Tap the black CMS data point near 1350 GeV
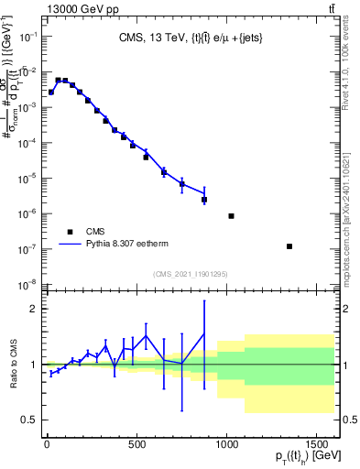point(289,246)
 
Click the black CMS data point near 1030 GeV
point(231,216)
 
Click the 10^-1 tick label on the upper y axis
point(29,36)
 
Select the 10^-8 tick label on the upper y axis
point(29,284)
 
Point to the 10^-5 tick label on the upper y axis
point(29,178)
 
